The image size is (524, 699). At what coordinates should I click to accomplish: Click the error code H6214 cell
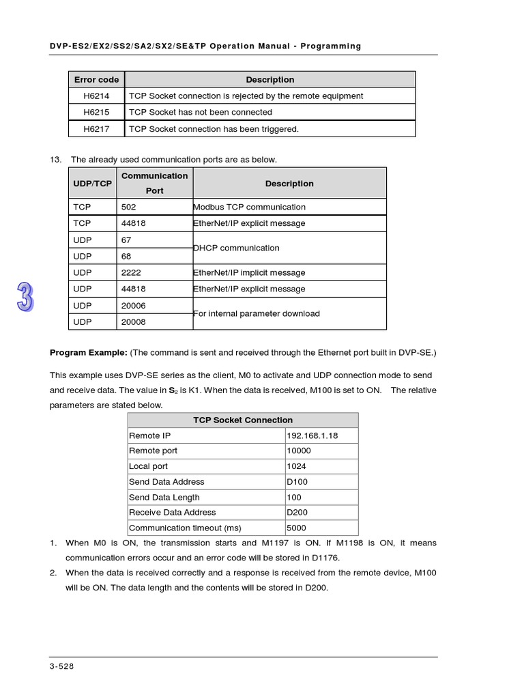(x=96, y=96)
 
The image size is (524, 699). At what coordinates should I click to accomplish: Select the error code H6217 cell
(x=96, y=128)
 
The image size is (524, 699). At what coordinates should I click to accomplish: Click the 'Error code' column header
(x=96, y=80)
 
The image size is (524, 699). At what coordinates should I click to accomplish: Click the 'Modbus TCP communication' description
(x=249, y=207)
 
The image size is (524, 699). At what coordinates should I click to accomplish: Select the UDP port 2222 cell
(x=131, y=272)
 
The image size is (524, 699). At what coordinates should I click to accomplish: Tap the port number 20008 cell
(x=133, y=322)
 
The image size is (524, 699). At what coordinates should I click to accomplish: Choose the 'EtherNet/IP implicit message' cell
(x=249, y=272)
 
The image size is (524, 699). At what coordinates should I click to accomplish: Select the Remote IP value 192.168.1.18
(x=312, y=436)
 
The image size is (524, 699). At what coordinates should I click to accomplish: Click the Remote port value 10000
(x=299, y=451)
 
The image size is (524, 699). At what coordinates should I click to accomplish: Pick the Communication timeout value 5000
(x=296, y=528)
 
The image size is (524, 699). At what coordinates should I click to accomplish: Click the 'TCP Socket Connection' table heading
(x=243, y=420)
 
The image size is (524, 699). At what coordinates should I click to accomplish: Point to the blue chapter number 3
(x=25, y=297)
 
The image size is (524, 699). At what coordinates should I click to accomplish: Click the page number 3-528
(x=61, y=666)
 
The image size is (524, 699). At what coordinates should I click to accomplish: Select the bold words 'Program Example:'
(x=89, y=352)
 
